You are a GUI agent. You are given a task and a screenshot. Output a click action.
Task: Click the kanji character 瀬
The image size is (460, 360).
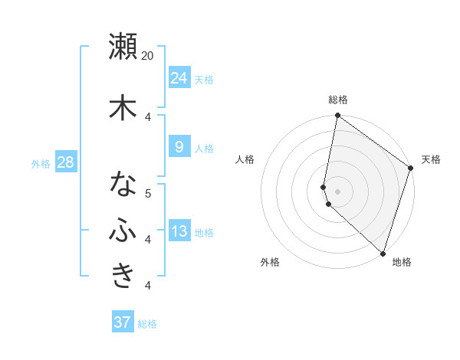[x=123, y=47]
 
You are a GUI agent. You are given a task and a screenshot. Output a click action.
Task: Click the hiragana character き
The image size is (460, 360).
[x=123, y=277]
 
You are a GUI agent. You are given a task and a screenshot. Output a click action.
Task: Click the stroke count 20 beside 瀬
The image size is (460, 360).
[x=148, y=56]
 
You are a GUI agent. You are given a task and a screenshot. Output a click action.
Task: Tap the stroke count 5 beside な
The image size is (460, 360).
[x=148, y=193]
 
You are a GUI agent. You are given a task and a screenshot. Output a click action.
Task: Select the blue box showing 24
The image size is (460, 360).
[x=179, y=77]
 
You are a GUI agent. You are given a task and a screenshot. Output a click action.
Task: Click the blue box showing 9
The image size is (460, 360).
[x=179, y=147]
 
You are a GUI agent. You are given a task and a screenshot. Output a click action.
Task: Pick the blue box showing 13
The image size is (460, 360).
[x=179, y=231]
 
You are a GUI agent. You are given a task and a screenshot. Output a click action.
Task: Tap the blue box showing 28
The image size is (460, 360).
[x=65, y=162]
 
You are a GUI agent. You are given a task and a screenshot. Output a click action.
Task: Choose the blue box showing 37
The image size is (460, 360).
[x=123, y=322]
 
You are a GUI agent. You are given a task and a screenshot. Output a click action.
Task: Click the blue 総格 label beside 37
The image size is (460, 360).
[x=148, y=324]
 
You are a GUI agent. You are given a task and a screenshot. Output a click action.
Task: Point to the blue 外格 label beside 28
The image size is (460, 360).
[x=41, y=164]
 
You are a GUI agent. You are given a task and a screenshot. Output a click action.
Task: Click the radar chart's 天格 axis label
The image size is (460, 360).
[x=431, y=159]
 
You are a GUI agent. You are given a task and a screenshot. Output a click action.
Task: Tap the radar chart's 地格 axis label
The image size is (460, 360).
[x=402, y=262]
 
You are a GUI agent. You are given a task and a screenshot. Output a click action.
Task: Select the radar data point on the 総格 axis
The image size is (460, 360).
[x=337, y=116]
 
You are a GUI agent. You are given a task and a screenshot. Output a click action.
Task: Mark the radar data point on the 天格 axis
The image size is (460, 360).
[x=410, y=169]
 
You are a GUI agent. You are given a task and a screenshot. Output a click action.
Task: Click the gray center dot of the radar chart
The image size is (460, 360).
[x=337, y=191]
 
